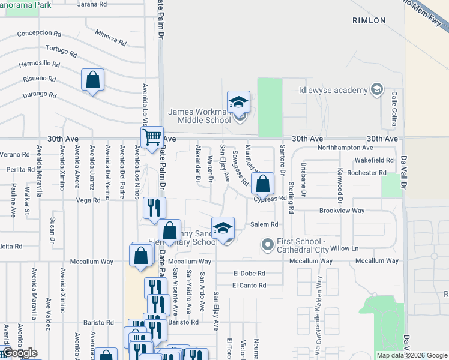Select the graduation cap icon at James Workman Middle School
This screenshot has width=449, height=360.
pyautogui.click(x=238, y=102)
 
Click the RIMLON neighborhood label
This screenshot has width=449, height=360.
pyautogui.click(x=369, y=20)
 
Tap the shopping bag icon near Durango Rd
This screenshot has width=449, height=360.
pyautogui.click(x=92, y=80)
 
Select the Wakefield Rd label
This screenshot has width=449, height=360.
pyautogui.click(x=374, y=160)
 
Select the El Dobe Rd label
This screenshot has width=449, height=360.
pyautogui.click(x=249, y=273)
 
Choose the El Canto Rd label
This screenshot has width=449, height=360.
pyautogui.click(x=249, y=286)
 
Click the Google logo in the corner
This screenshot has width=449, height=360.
pyautogui.click(x=19, y=353)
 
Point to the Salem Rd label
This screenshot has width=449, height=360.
pyautogui.click(x=265, y=224)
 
